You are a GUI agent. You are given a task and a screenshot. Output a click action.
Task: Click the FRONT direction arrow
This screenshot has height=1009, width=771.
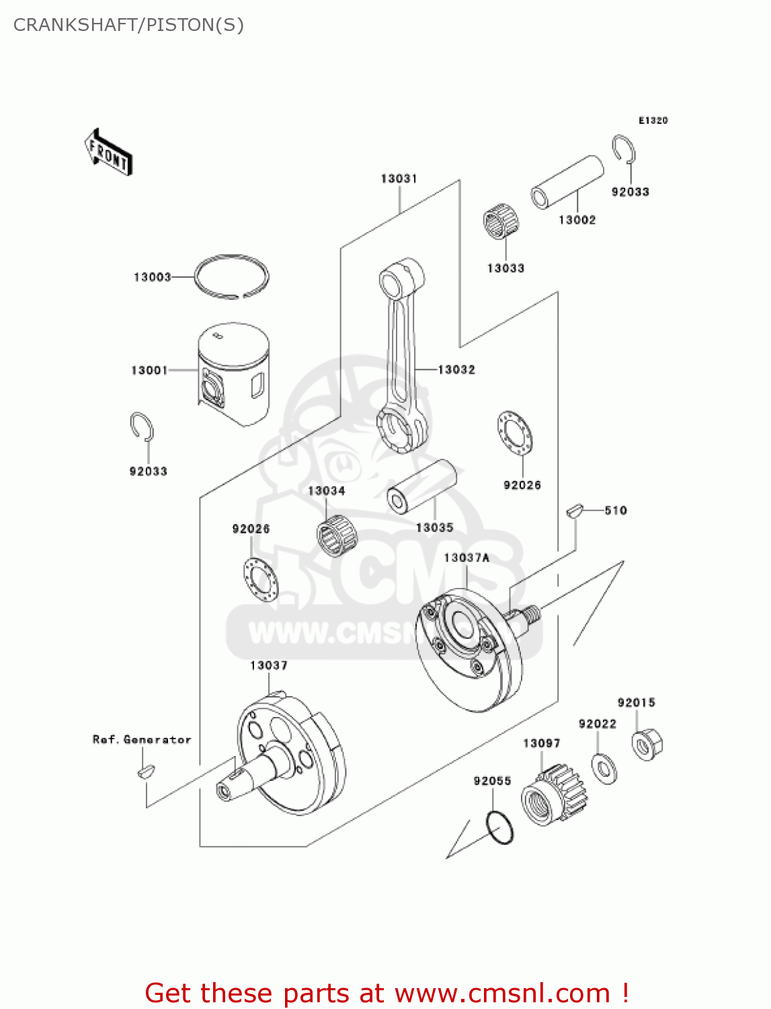(108, 153)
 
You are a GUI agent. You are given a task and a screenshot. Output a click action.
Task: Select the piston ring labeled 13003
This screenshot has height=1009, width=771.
(231, 276)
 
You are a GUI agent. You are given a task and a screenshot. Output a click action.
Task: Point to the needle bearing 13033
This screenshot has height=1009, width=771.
(501, 223)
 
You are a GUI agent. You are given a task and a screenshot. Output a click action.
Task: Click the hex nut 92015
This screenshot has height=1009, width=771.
(647, 744)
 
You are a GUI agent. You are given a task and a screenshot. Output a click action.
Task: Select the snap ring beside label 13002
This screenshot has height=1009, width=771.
(624, 149)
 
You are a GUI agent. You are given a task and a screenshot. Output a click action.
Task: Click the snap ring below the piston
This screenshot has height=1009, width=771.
(142, 427)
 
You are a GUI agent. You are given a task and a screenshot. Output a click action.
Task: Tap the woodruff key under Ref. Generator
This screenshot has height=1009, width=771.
(145, 771)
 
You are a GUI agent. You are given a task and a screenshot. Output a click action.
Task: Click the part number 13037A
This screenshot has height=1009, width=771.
(466, 558)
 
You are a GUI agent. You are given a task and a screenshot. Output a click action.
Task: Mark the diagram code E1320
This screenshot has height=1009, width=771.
(653, 120)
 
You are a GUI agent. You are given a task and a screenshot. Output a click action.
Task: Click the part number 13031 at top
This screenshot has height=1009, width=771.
(399, 178)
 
